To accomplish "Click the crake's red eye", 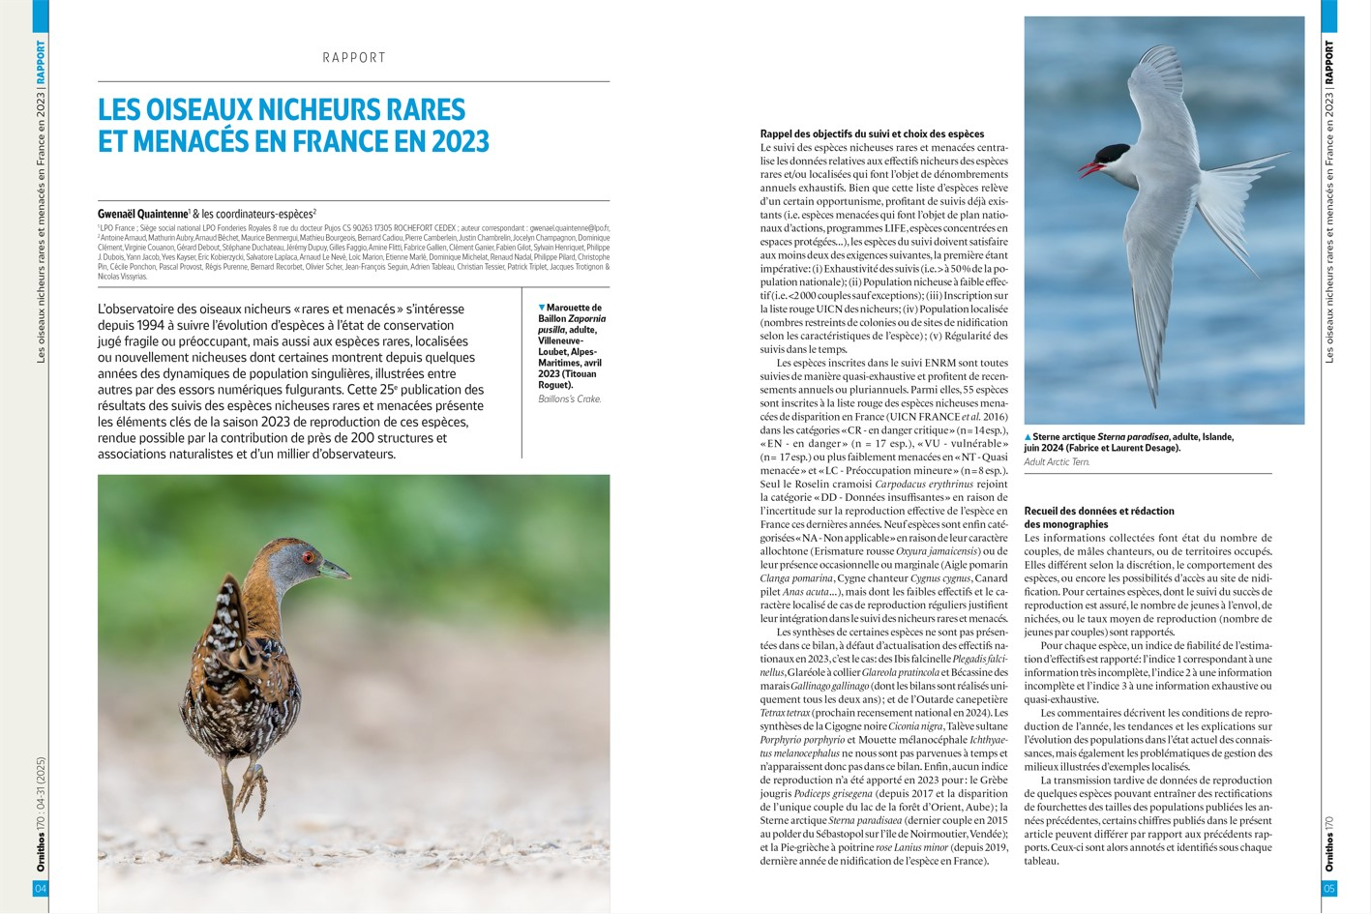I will click(309, 557).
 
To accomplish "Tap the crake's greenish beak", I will click(336, 569).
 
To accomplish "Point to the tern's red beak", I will click(1089, 169).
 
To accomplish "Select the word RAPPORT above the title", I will click(354, 58).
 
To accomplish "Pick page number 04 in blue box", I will click(40, 888).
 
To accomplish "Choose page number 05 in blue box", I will click(1329, 888).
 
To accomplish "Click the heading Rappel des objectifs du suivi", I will click(872, 134).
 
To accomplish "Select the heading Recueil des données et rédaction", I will click(1098, 511).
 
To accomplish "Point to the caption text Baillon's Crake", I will click(570, 398).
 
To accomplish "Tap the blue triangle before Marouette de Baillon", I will click(542, 308).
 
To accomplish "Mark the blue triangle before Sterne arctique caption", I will click(1028, 437).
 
